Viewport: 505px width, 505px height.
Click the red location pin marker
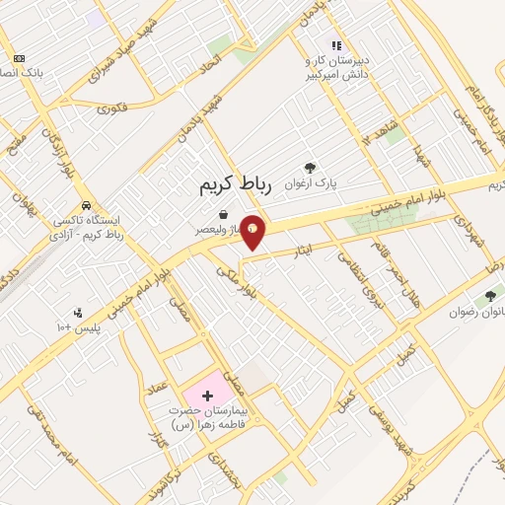click(253, 231)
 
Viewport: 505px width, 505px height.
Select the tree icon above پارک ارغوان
click(311, 169)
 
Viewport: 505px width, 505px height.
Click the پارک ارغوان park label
click(311, 183)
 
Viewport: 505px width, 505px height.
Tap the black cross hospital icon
click(206, 396)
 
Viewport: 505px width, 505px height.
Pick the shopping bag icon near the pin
click(224, 214)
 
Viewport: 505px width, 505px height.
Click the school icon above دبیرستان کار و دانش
click(335, 45)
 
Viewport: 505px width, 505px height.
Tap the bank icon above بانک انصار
click(21, 58)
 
